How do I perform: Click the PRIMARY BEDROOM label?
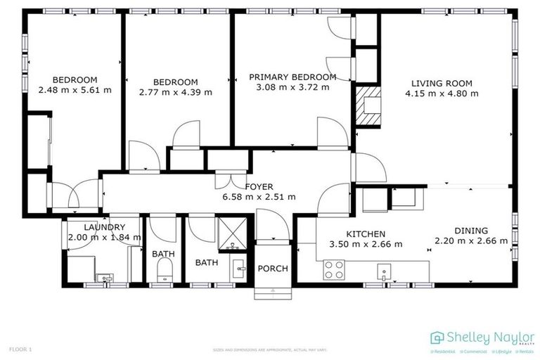tap(292, 77)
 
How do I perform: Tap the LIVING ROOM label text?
tap(444, 83)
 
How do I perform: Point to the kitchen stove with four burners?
tap(333, 269)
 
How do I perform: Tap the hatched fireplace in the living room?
tap(368, 105)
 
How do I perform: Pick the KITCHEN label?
tap(366, 234)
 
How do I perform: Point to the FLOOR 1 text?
tap(20, 349)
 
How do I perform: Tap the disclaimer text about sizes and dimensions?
tap(270, 349)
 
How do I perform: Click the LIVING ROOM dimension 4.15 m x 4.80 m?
tap(444, 93)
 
